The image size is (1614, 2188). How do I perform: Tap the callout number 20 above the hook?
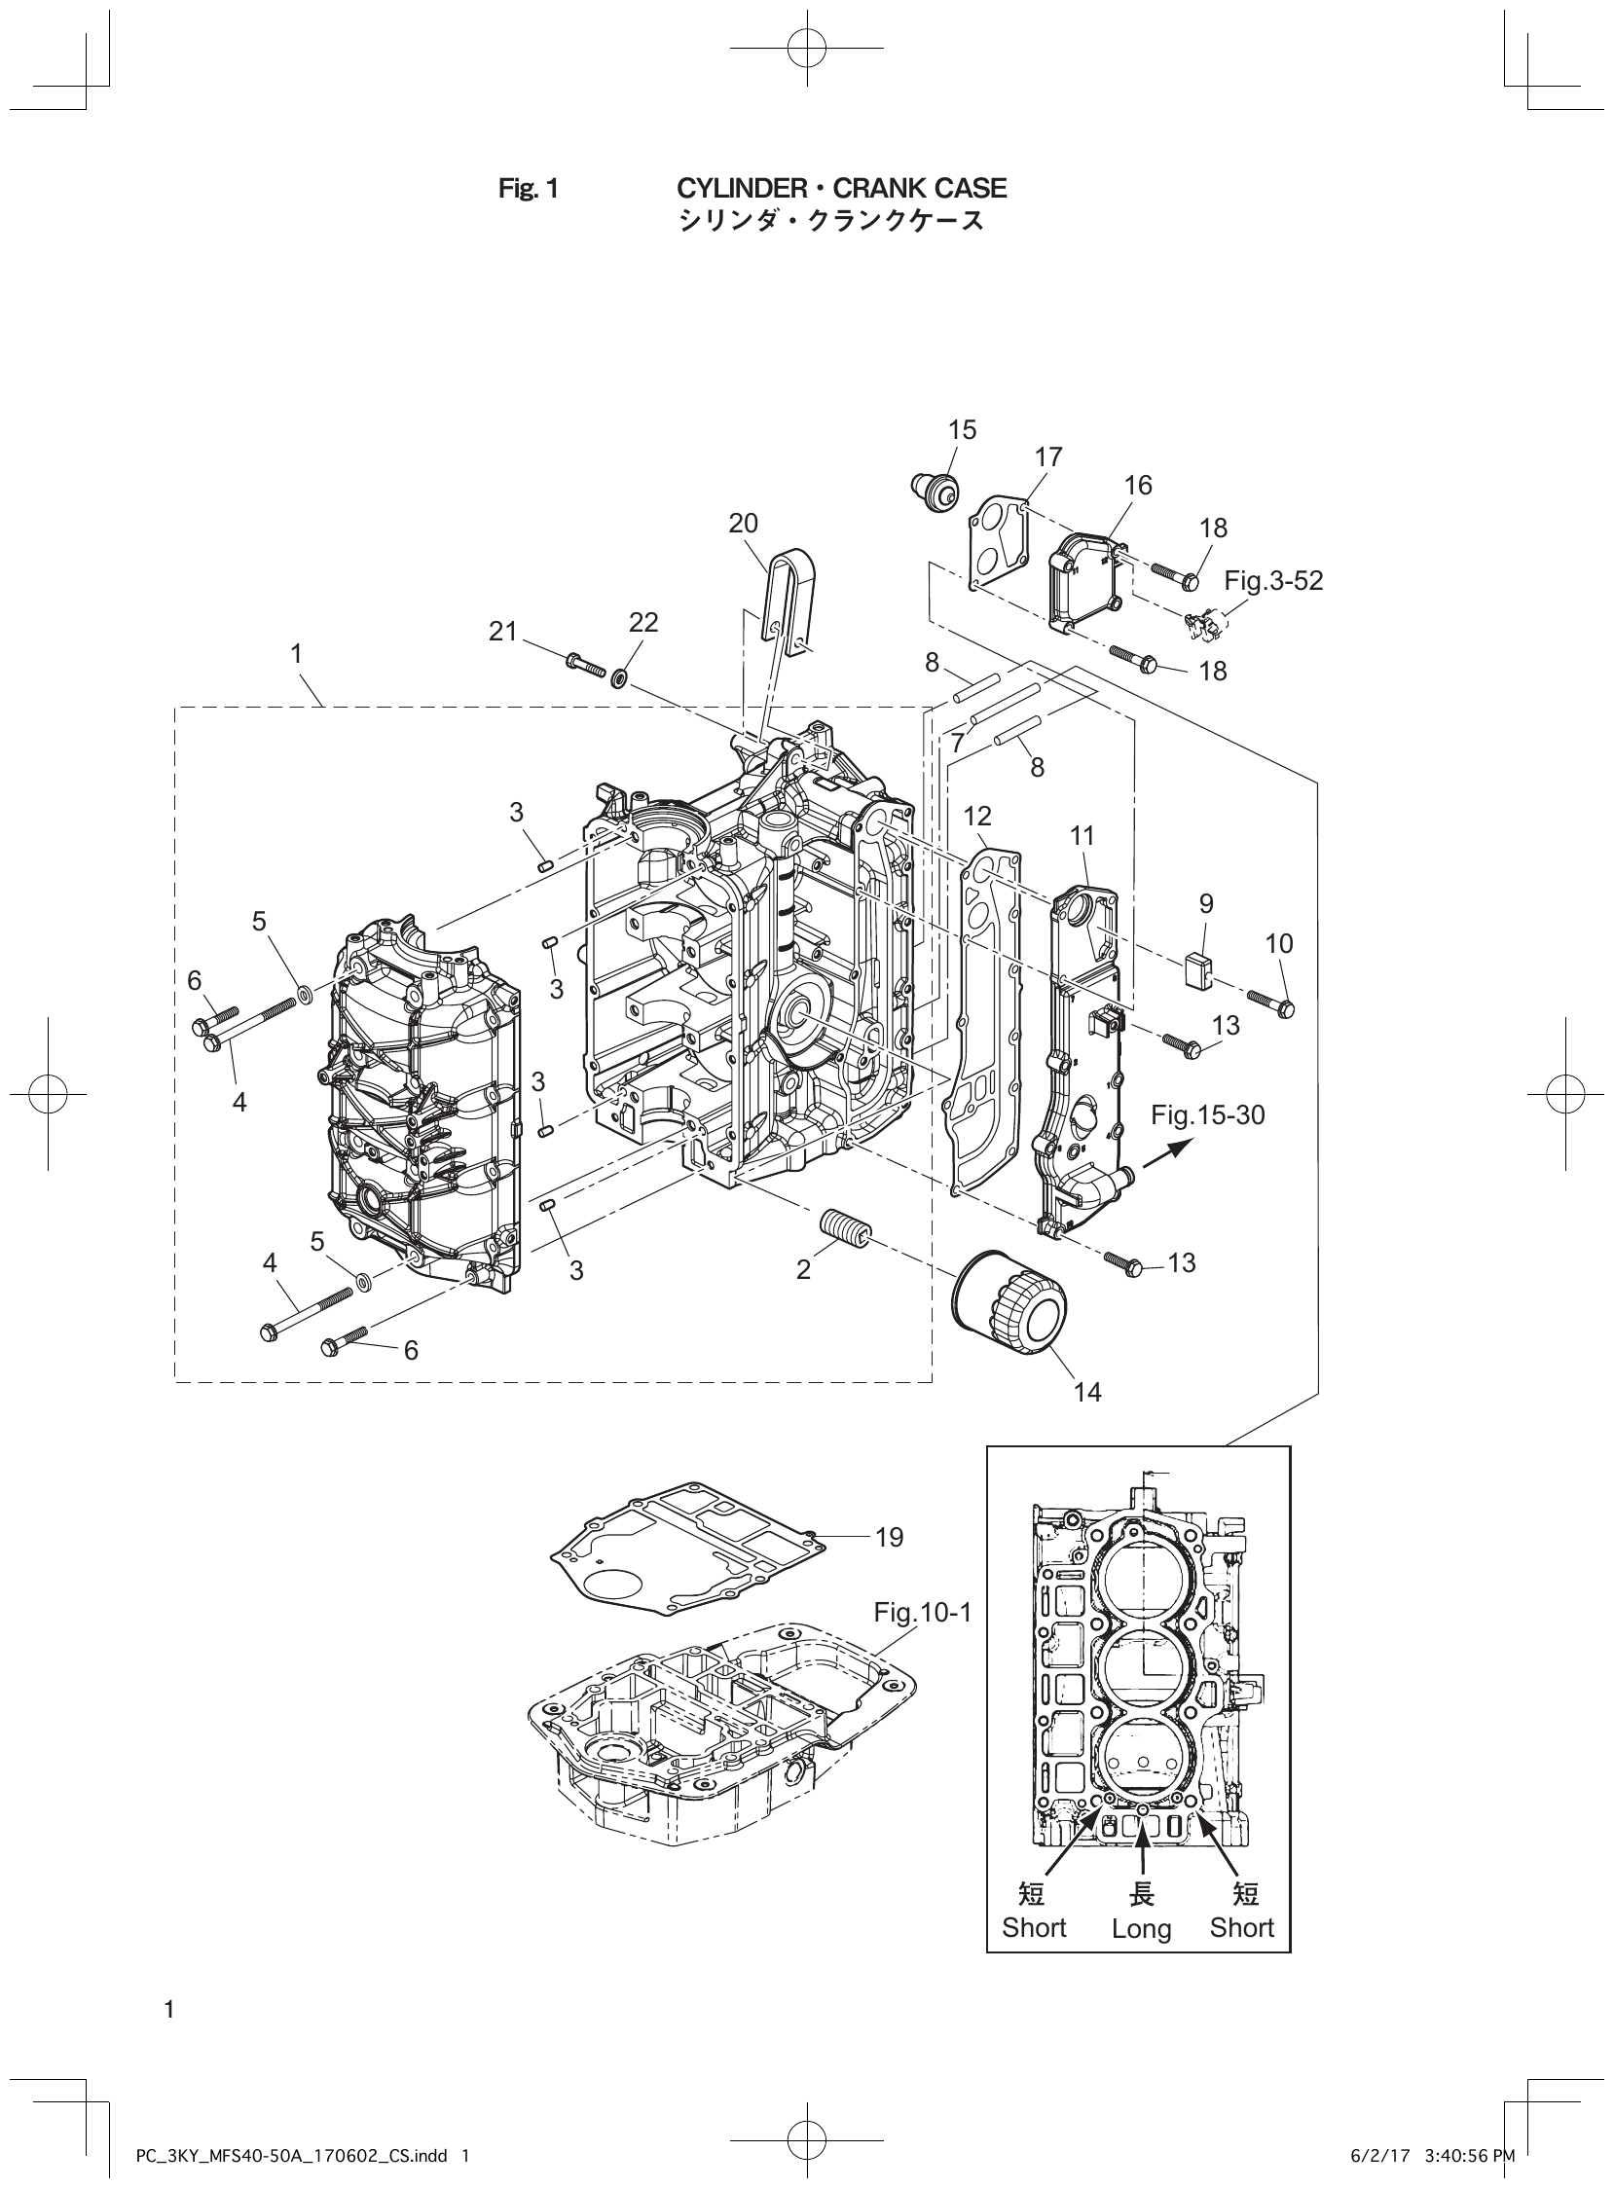tap(743, 524)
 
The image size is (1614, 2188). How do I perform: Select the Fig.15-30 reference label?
tap(1207, 1114)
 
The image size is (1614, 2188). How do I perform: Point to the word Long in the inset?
tap(1141, 1928)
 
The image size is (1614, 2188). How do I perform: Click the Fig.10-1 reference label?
tap(923, 1612)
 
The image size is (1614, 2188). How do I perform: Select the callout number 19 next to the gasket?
tap(889, 1538)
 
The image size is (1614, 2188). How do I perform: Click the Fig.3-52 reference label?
tap(1274, 581)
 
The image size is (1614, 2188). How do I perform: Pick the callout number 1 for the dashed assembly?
tap(296, 653)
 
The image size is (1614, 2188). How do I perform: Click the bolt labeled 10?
tap(1270, 1004)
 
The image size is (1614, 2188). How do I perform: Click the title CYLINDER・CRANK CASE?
tap(841, 188)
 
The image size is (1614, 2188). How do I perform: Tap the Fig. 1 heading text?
tap(528, 189)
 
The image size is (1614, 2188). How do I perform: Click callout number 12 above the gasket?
tap(977, 816)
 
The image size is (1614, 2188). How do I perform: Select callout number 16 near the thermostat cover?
tap(1138, 486)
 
